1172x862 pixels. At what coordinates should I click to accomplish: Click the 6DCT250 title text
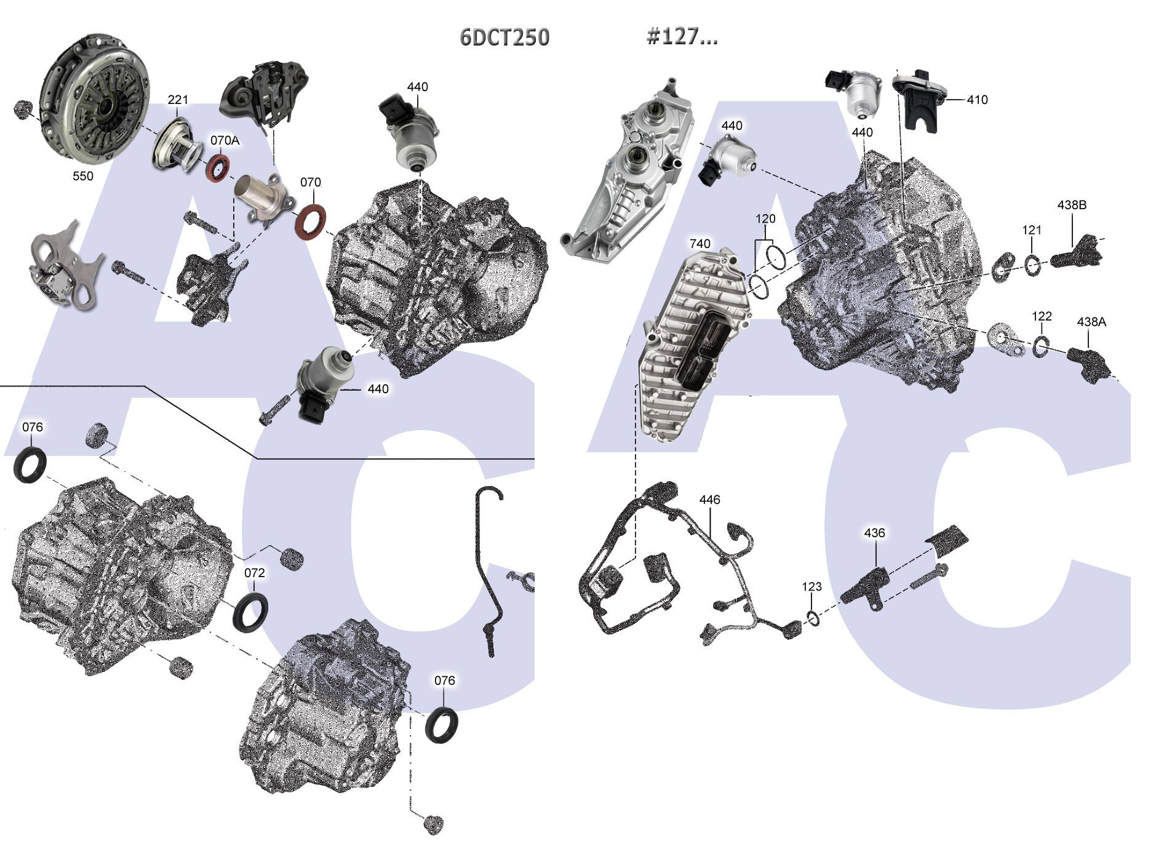(x=504, y=38)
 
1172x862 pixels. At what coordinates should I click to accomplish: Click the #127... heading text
(x=682, y=36)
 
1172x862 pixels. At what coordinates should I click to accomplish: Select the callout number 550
(x=83, y=176)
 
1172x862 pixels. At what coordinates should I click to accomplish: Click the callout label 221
(x=178, y=100)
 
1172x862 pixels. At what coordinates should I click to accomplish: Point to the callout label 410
(x=977, y=100)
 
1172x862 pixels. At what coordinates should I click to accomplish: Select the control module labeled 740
(x=695, y=345)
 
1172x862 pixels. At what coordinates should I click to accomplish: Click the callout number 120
(x=765, y=219)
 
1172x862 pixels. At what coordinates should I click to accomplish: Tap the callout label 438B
(x=1072, y=205)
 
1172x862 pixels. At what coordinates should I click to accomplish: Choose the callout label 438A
(x=1091, y=322)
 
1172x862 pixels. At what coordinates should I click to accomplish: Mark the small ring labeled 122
(x=1042, y=347)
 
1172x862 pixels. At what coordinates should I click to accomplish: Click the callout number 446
(x=709, y=500)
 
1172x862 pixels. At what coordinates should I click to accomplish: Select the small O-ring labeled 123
(x=813, y=618)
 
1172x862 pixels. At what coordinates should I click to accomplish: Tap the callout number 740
(x=700, y=244)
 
